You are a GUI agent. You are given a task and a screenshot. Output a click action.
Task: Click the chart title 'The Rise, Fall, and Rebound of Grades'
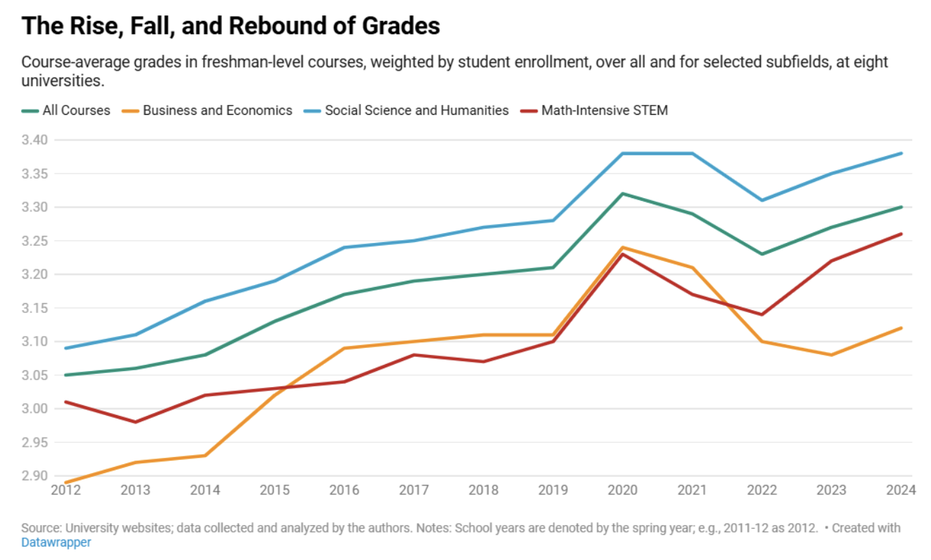[x=231, y=26]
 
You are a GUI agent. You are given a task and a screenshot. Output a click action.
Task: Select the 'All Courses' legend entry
[x=76, y=110]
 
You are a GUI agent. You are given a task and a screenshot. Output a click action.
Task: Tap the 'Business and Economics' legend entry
[x=217, y=110]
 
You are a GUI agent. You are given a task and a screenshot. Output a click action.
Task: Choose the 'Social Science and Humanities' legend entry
[x=416, y=110]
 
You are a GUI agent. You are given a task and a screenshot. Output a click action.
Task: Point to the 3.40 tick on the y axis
[x=34, y=140]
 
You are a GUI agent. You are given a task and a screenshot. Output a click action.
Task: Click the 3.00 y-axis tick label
[x=34, y=409]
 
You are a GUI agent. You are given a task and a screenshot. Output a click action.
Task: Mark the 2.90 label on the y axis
[x=34, y=476]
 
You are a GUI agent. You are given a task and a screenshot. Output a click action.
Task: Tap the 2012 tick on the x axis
[x=66, y=490]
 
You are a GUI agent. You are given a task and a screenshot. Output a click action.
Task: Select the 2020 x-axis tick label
[x=623, y=490]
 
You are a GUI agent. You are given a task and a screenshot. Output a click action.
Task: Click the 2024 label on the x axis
[x=900, y=490]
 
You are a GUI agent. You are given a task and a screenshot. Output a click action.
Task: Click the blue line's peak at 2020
[x=623, y=153]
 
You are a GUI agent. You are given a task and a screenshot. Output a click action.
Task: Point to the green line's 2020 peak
[x=623, y=194]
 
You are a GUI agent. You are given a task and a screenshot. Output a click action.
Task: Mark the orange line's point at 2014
[x=205, y=456]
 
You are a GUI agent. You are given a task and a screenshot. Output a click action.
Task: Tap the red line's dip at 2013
[x=136, y=422]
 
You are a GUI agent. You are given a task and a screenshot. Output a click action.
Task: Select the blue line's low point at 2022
[x=762, y=200]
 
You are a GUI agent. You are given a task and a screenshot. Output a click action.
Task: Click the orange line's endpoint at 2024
[x=901, y=328]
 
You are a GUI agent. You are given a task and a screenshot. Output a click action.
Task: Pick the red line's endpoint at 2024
[x=901, y=234]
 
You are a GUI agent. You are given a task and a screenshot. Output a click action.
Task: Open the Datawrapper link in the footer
[x=56, y=542]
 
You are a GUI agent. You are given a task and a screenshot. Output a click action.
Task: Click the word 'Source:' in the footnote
[x=40, y=528]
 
